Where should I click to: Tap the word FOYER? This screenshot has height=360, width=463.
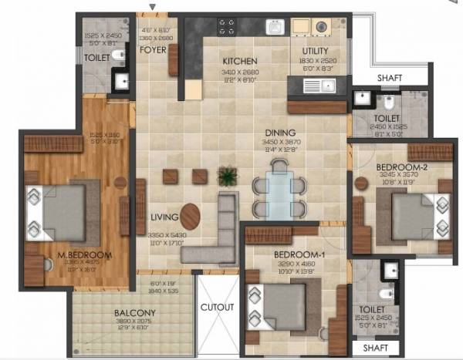click(154, 50)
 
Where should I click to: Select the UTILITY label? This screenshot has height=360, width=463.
click(316, 51)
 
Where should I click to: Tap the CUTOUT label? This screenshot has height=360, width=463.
click(217, 307)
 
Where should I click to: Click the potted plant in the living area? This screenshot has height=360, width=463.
click(226, 176)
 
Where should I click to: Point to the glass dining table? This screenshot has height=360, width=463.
click(279, 193)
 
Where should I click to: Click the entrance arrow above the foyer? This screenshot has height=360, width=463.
click(153, 8)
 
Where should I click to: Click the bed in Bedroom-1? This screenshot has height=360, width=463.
click(282, 302)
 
